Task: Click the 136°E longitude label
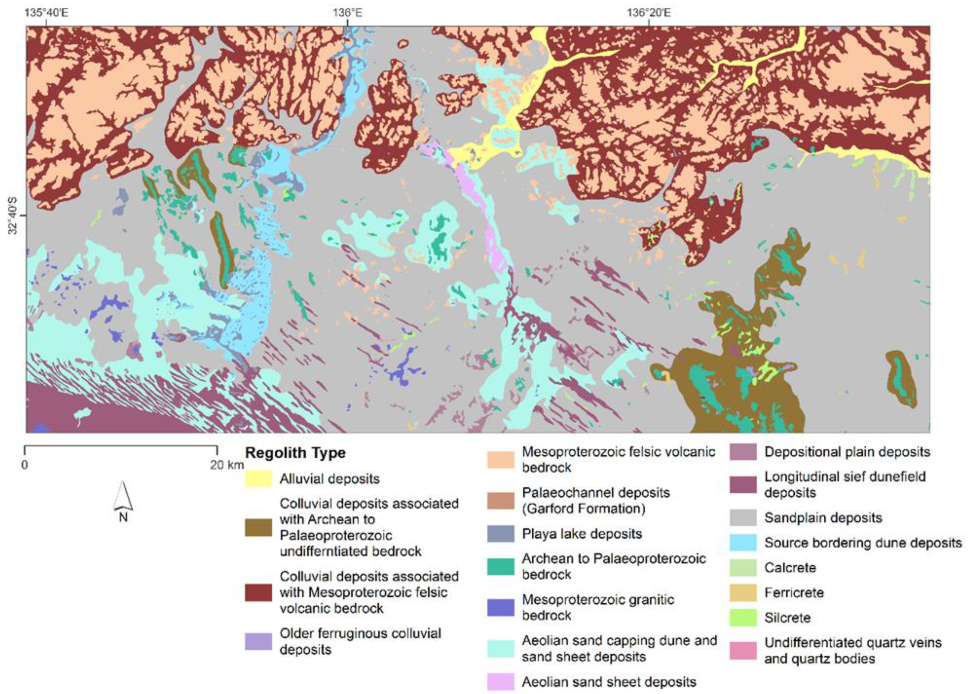click(x=348, y=12)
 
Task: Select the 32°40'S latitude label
click(x=12, y=216)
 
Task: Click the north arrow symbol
click(x=123, y=498)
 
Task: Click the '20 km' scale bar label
click(x=227, y=464)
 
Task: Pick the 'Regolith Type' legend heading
click(x=295, y=453)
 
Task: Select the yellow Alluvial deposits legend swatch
click(x=258, y=479)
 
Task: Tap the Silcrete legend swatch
click(x=743, y=617)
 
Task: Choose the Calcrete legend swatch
click(x=743, y=568)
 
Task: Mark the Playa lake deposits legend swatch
click(x=501, y=534)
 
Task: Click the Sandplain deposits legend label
click(x=823, y=518)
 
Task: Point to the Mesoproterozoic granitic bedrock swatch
click(x=501, y=607)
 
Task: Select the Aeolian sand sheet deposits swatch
click(x=501, y=682)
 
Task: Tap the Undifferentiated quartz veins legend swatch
click(x=743, y=650)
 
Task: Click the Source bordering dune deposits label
click(x=862, y=543)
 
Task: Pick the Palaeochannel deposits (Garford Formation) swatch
click(x=501, y=501)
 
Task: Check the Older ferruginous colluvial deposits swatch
click(x=258, y=642)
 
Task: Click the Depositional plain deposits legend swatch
click(x=743, y=452)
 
